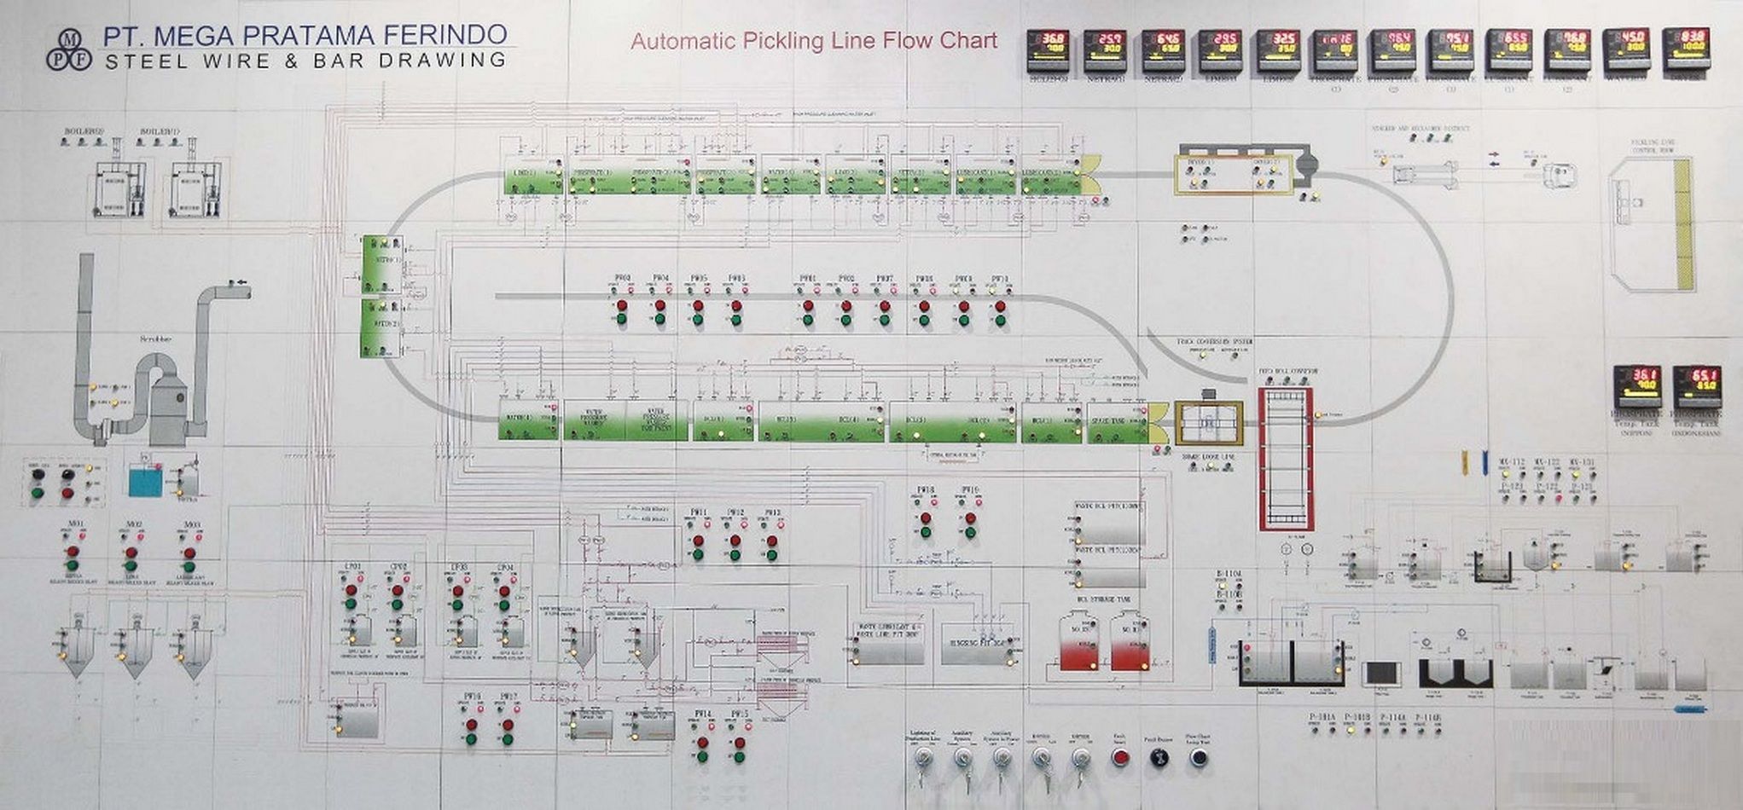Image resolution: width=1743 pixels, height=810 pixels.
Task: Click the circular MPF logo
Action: [68, 49]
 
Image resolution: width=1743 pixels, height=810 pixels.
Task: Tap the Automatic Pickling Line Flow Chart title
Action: [814, 41]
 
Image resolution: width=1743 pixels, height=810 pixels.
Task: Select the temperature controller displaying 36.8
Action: [1048, 50]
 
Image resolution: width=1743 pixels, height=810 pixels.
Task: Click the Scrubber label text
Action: [156, 339]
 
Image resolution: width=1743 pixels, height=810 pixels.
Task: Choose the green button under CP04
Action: [504, 605]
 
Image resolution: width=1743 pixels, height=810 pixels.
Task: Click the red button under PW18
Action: [925, 518]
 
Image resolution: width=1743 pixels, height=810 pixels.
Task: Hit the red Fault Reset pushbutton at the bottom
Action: [1121, 757]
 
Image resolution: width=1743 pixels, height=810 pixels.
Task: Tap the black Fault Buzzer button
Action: [1159, 757]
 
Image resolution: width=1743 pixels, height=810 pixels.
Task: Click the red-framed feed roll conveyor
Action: [1286, 459]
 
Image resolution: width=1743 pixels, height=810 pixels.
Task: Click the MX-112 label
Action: [1511, 463]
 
